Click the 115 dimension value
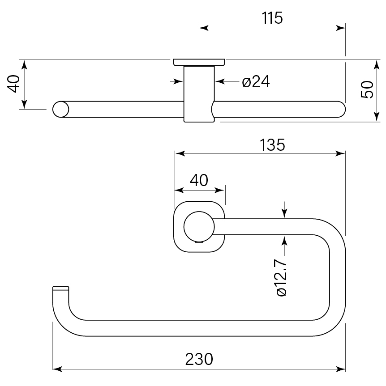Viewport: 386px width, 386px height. point(272,18)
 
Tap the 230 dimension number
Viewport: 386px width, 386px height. point(200,359)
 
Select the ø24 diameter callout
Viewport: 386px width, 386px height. point(256,82)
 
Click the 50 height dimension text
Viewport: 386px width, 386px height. point(367,89)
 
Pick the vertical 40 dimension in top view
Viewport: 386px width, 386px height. point(14,84)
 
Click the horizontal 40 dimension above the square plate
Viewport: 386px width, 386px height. point(199,180)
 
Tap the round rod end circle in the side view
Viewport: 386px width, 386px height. point(61,109)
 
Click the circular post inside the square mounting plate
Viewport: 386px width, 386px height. point(199,226)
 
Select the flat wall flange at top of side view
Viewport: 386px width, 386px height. point(199,62)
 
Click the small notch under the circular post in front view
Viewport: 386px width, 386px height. point(200,242)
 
